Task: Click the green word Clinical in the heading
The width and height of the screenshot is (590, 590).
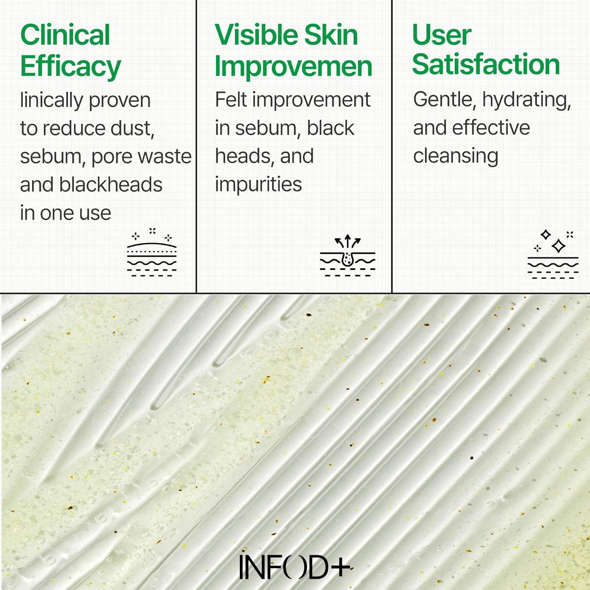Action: tap(65, 35)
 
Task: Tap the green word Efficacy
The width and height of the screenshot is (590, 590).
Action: tap(70, 66)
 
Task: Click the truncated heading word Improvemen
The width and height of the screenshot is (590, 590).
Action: tap(293, 66)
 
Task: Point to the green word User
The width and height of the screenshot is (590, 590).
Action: tap(441, 35)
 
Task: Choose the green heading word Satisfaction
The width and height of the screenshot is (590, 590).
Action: tap(486, 65)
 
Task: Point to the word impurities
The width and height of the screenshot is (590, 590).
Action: tap(258, 184)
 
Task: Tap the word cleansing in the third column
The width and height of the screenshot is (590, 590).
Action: tap(455, 156)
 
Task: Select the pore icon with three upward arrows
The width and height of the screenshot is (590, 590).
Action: tap(347, 256)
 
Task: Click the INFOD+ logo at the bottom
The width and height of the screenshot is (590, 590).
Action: tap(295, 567)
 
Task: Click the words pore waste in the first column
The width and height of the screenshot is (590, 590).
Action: tap(141, 157)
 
